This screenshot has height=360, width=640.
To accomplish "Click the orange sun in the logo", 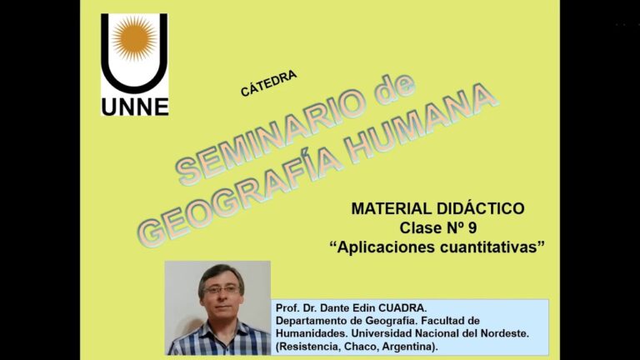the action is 134,38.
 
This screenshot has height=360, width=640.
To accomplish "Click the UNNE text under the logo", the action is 135,107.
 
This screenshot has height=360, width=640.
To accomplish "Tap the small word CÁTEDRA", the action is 268,83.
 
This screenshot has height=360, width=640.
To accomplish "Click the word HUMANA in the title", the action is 420,122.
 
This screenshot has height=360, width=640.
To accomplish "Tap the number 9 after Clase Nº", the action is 472,227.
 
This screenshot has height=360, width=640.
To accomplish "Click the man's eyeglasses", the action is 222,290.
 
